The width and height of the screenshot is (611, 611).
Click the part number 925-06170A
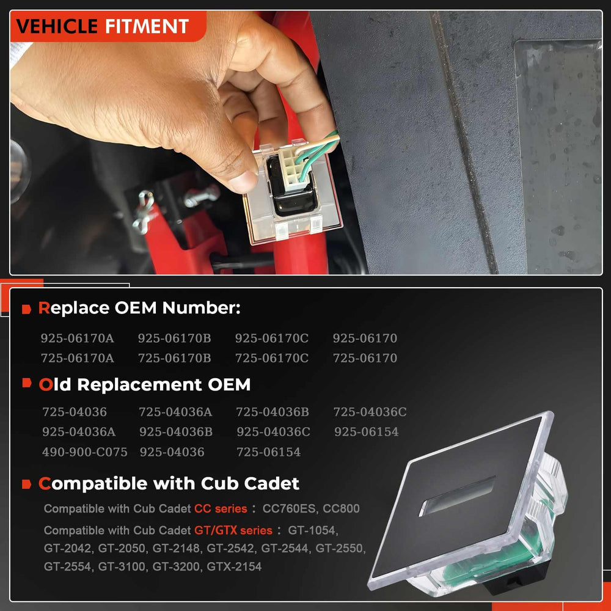point(77,338)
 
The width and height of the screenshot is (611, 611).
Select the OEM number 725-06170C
point(272,357)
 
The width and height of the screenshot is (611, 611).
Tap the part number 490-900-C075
point(84,452)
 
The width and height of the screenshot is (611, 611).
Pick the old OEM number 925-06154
point(366,431)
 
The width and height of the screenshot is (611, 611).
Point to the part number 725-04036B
point(273,411)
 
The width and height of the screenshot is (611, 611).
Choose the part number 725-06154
point(268,452)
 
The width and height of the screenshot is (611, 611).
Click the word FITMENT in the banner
point(147,26)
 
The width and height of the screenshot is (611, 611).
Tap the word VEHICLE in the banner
point(57,26)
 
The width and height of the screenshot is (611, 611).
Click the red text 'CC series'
point(221,508)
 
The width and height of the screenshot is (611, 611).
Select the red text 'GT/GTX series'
point(233,530)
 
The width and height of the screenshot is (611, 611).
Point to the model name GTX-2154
point(234,566)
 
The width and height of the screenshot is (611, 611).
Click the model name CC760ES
point(290,508)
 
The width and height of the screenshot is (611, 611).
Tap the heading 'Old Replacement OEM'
point(145,384)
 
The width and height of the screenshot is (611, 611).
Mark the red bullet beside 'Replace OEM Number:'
point(26,309)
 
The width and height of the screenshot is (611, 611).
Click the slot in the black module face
point(457,496)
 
